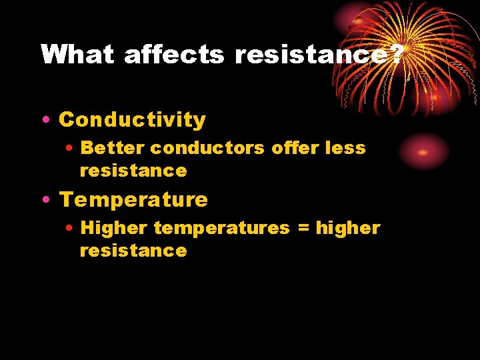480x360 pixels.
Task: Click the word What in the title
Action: (77, 55)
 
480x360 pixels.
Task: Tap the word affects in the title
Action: (175, 55)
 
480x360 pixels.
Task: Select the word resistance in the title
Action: (309, 55)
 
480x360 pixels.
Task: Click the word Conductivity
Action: (133, 120)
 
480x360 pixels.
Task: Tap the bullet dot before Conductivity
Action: (43, 120)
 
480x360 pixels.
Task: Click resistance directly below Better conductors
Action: (133, 171)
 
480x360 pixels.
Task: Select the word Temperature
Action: (134, 199)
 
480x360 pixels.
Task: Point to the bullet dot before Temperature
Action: (43, 199)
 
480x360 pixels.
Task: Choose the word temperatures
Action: (222, 228)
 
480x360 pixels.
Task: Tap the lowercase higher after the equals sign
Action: (348, 228)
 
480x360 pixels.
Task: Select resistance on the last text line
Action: (133, 251)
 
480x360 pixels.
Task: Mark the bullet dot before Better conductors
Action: (70, 147)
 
